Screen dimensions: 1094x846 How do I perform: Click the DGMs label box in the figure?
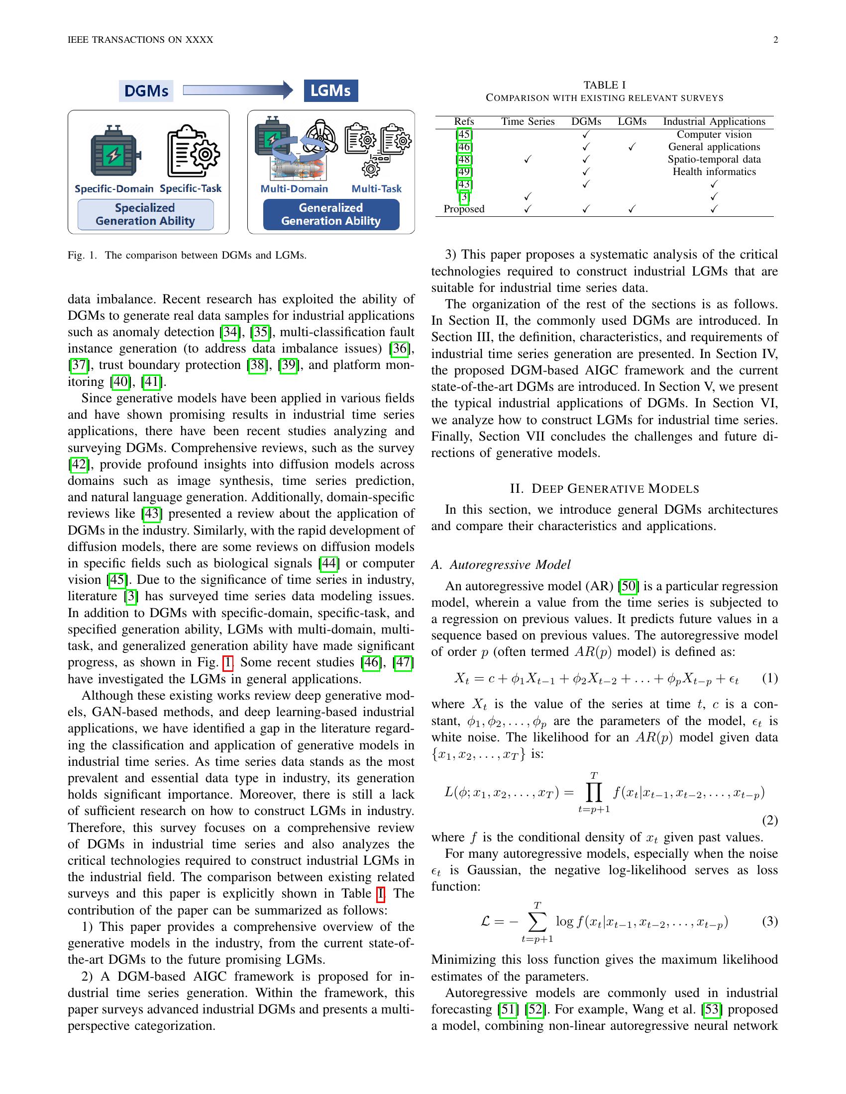coord(146,91)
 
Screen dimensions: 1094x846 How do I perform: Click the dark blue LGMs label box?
coord(331,91)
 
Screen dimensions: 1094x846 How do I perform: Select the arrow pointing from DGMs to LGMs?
coord(237,90)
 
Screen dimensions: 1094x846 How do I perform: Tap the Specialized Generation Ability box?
coord(145,214)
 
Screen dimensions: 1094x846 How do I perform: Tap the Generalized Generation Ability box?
coord(331,214)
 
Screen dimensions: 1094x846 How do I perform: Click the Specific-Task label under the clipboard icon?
coord(191,188)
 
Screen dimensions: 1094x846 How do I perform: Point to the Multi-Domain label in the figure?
coord(294,189)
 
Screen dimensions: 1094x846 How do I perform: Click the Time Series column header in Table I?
coord(528,122)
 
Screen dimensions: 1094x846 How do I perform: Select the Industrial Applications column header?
coord(714,122)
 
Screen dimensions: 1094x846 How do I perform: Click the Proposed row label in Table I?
coord(464,209)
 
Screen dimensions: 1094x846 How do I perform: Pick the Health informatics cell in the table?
coord(714,172)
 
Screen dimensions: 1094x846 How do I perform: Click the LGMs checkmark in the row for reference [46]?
coord(632,147)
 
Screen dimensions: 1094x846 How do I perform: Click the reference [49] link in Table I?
coord(464,172)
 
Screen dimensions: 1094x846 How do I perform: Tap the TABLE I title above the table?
coord(605,85)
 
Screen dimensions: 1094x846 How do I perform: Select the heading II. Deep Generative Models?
coord(605,488)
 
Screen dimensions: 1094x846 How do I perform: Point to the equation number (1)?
coord(770,678)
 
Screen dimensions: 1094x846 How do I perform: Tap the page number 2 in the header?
coord(775,40)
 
